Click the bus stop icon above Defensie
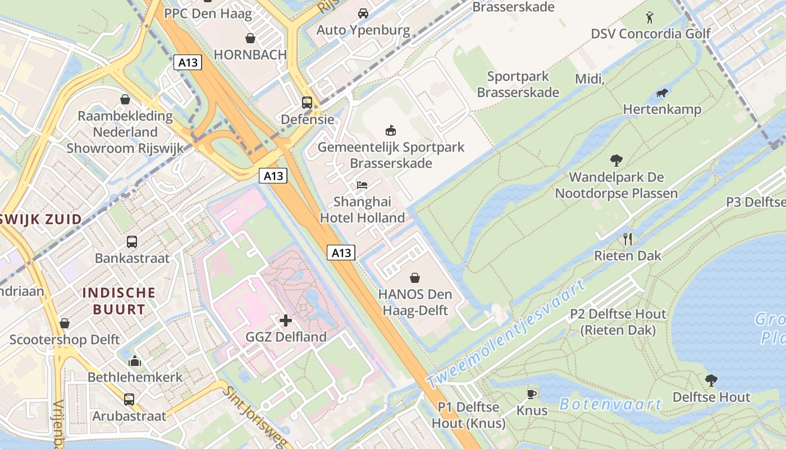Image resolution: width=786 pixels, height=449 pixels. (307, 103)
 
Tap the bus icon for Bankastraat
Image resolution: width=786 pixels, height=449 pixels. (132, 242)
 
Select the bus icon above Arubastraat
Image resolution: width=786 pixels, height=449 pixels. (129, 400)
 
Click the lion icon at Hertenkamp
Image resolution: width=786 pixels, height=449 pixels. (662, 93)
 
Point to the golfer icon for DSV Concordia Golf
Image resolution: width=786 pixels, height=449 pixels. (650, 17)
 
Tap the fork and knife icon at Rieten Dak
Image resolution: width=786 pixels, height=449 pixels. (628, 239)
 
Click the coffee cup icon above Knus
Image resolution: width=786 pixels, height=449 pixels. (531, 394)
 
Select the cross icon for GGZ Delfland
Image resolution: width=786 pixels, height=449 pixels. (286, 320)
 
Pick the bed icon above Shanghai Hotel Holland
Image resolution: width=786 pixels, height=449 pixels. (362, 185)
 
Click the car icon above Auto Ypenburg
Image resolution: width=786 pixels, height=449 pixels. (363, 13)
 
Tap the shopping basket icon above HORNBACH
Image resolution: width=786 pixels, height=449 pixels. (250, 38)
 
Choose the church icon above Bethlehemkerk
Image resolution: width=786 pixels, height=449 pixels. (135, 360)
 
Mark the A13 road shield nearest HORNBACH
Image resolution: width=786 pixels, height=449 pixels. (188, 62)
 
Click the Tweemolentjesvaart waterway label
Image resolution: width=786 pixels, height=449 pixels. (505, 333)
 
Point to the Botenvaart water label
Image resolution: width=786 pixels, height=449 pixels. (611, 404)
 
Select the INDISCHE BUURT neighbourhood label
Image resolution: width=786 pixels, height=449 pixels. (118, 301)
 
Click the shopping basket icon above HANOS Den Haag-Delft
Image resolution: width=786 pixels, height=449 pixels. (415, 278)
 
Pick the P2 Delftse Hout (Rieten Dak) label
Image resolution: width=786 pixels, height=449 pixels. (618, 322)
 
